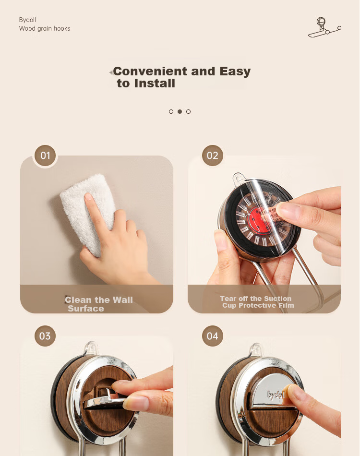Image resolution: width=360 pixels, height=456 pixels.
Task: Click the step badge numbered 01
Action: [x=45, y=156]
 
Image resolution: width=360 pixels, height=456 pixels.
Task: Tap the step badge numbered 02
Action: [x=213, y=156]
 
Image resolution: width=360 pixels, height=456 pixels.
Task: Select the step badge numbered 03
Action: [x=45, y=336]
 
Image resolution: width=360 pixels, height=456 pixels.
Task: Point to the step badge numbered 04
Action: [x=213, y=336]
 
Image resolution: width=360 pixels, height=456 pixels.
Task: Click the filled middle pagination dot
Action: [x=180, y=111]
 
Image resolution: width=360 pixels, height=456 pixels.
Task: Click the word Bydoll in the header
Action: [x=27, y=20]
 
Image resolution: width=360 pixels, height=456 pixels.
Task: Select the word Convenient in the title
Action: [x=150, y=71]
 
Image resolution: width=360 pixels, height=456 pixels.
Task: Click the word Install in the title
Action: [x=155, y=84]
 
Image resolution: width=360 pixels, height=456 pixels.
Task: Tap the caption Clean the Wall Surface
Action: [x=99, y=304]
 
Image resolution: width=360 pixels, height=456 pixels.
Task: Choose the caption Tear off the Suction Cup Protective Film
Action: [x=257, y=302]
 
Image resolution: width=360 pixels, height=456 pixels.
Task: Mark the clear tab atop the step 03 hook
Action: [x=91, y=348]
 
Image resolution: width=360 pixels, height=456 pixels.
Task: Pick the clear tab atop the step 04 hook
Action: [x=256, y=349]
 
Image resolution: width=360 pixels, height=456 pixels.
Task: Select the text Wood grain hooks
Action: [x=45, y=28]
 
